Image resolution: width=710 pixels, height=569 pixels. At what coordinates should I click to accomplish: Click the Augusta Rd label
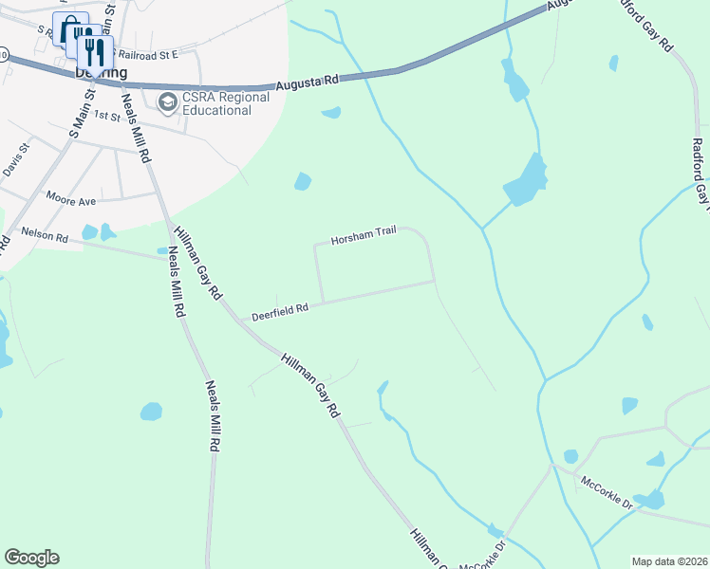[x=308, y=84]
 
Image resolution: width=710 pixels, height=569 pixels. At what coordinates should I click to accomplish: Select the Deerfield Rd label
[x=280, y=312]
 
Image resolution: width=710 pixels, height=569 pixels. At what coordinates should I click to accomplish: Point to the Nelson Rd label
[x=44, y=233]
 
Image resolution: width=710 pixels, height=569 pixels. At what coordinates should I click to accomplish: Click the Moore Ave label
[x=71, y=199]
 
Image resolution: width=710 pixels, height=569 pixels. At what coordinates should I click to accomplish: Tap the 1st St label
[x=108, y=118]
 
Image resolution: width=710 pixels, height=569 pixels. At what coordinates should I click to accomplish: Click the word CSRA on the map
[x=201, y=96]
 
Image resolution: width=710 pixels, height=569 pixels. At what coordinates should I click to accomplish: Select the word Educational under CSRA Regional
[x=218, y=110]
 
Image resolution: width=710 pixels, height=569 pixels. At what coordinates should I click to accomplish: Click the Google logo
[x=31, y=558]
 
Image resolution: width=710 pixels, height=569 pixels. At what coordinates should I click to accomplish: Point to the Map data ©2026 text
[x=669, y=561]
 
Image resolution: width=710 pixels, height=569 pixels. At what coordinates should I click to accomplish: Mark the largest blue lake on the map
[x=526, y=182]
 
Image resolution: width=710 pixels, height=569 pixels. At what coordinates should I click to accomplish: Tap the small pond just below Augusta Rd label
[x=331, y=113]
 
